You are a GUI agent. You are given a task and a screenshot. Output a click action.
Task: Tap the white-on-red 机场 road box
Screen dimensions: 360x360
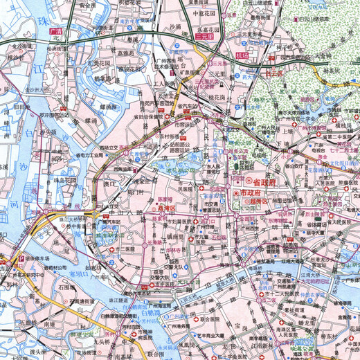[x=240, y=55]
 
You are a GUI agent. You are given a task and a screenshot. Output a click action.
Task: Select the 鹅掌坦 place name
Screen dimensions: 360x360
[x=112, y=79]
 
